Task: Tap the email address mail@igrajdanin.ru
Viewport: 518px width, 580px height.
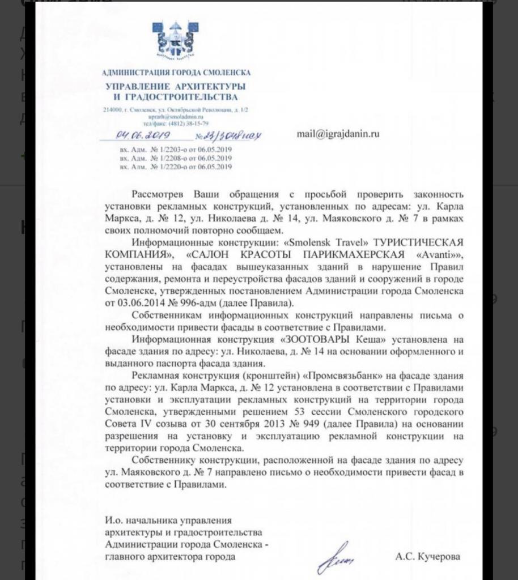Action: tap(338, 134)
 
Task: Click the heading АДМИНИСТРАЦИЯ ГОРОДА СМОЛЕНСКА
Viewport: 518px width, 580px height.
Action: tap(175, 72)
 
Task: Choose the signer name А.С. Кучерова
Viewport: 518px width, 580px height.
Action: tap(428, 557)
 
